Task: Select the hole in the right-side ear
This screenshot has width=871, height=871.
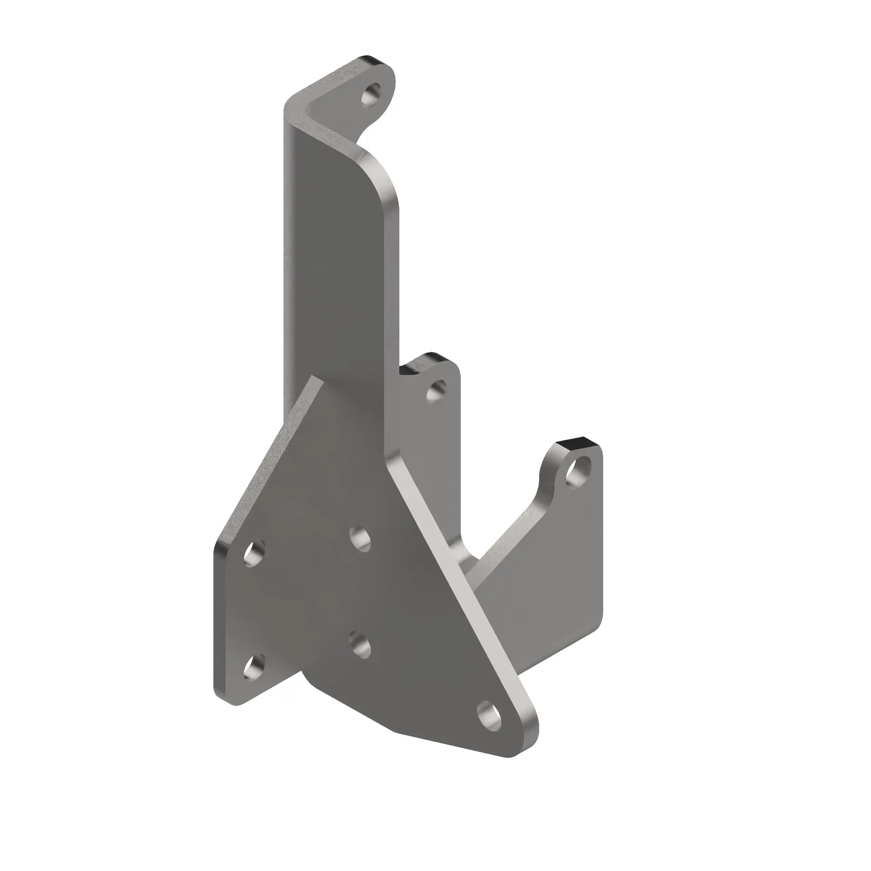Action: (578, 472)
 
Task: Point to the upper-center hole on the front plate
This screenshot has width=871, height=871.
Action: (360, 538)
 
